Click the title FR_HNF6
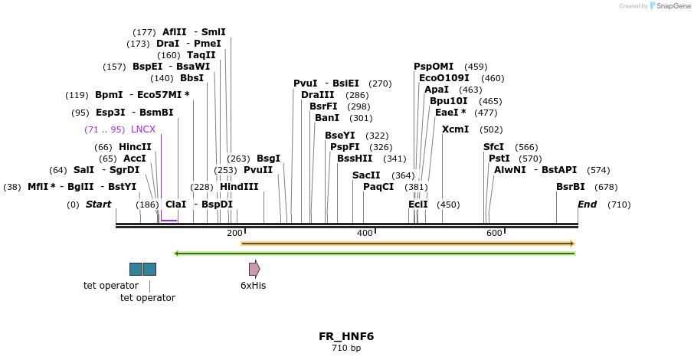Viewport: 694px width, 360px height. pos(346,336)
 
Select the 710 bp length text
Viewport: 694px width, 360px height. pos(346,349)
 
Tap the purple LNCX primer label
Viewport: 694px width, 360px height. pos(143,129)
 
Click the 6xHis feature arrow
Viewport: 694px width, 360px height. pos(254,269)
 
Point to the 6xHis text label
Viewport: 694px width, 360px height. pos(253,286)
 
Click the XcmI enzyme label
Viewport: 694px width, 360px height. pos(455,129)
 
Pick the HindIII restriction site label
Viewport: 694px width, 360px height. pos(239,187)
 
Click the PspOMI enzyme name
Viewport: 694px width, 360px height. pos(434,67)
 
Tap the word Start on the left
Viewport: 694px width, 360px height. pos(98,205)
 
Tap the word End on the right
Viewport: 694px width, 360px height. pos(587,205)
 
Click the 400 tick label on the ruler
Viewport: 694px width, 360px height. pos(365,233)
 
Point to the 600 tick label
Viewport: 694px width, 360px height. pos(494,233)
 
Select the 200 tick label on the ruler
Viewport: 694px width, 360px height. pos(234,233)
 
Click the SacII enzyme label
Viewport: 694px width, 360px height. pos(366,175)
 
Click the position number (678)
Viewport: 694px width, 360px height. pos(606,187)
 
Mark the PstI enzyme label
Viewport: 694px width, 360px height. pos(499,159)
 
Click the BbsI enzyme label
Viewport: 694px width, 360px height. pos(192,78)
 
